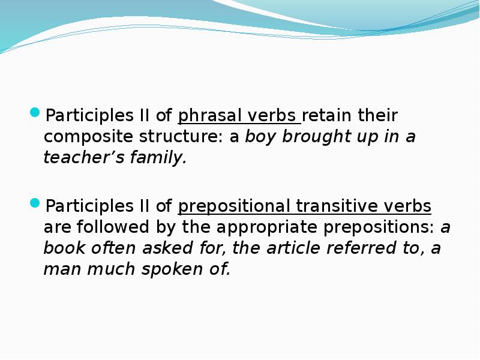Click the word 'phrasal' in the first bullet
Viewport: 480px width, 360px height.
(205, 115)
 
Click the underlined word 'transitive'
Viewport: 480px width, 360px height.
(338, 206)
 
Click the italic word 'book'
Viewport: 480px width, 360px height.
(61, 248)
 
